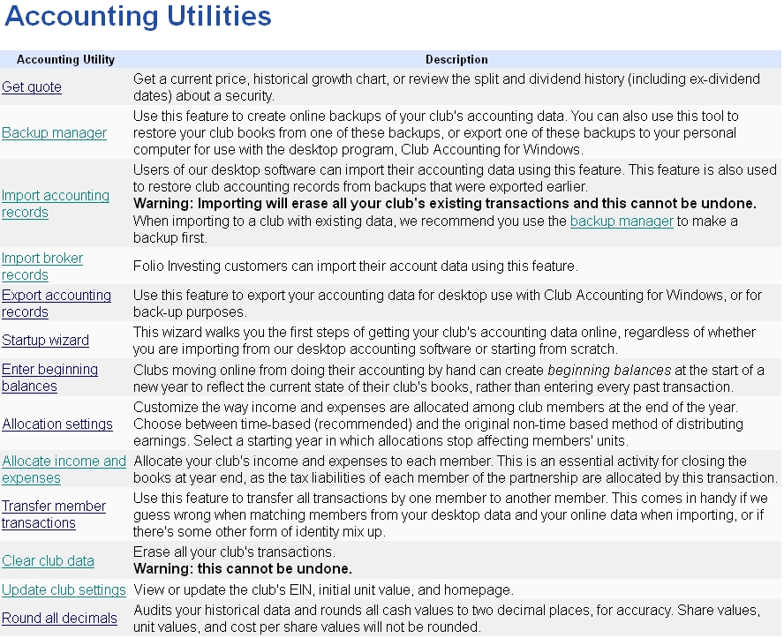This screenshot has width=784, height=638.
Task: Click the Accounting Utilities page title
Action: click(138, 17)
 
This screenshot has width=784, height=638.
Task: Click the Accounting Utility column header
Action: click(65, 60)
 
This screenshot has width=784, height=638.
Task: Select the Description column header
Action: click(456, 60)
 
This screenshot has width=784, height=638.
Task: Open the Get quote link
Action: click(32, 87)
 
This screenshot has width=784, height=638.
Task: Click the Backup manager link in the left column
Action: click(54, 133)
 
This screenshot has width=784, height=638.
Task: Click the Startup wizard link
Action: click(45, 341)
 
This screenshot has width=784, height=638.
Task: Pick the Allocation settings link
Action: click(57, 424)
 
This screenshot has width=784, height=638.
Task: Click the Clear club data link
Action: click(48, 561)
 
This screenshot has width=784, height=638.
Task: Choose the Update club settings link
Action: click(64, 590)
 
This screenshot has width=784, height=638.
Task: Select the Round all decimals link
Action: click(59, 619)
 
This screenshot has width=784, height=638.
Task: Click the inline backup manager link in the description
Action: click(622, 221)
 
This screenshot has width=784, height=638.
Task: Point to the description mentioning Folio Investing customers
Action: click(355, 266)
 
